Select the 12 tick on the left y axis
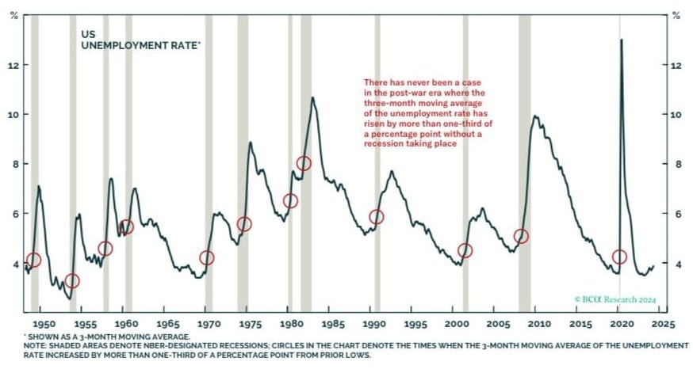pos(13,64)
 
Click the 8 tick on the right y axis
pos(676,164)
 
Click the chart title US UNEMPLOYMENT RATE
pos(141,41)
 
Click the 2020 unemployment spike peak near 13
pos(621,40)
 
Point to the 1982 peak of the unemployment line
pos(313,97)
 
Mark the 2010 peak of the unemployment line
pos(536,116)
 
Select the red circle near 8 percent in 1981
pos(304,163)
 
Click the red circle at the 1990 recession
pos(377,217)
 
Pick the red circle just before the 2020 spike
pos(619,257)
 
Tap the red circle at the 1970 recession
pos(207,257)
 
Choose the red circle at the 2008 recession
pos(521,236)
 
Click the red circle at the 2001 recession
pos(465,250)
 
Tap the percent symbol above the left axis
pos(13,16)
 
